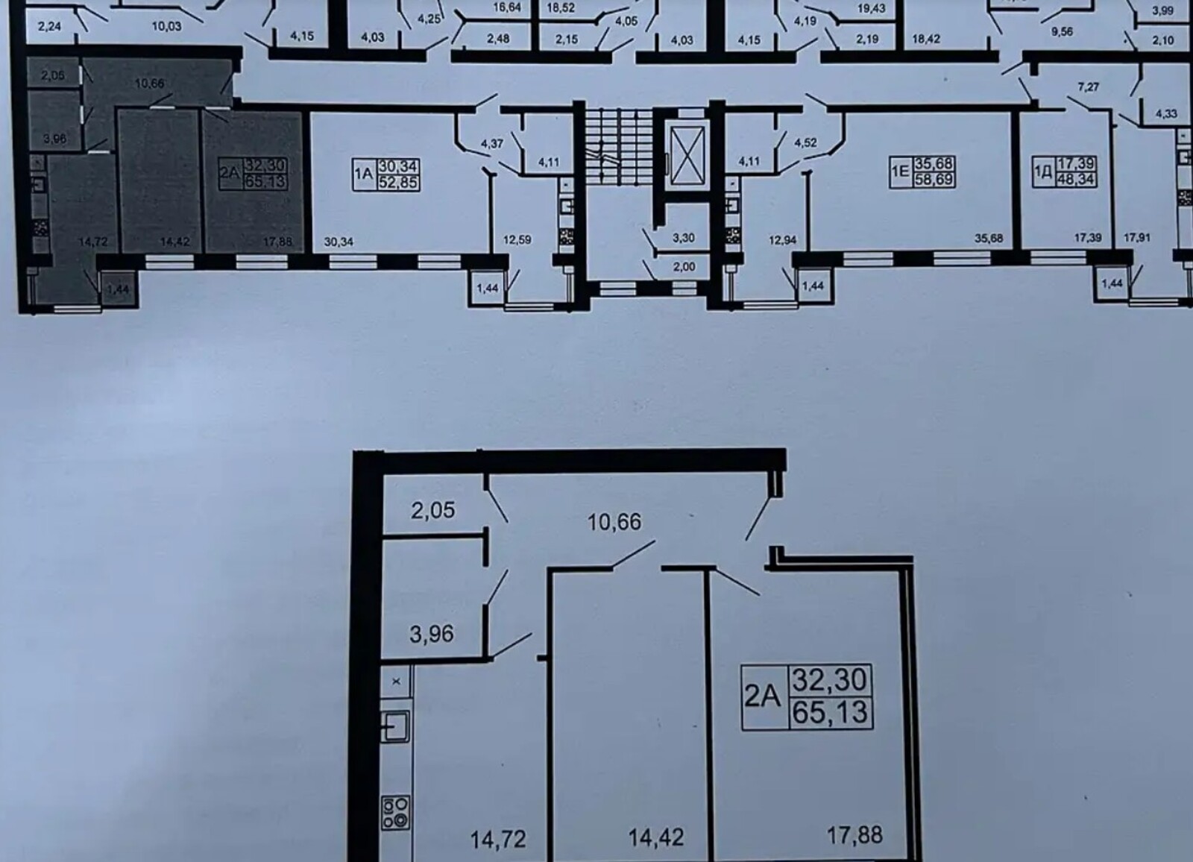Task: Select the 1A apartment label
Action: (x=386, y=174)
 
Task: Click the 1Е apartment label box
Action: (x=922, y=172)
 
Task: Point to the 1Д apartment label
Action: (x=1064, y=172)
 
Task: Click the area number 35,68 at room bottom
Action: (x=989, y=238)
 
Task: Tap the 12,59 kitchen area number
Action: (x=517, y=240)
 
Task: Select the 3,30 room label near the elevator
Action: (x=683, y=238)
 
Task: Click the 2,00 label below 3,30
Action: (x=684, y=266)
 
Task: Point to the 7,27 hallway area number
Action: (x=1089, y=86)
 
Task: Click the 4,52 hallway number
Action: (x=805, y=142)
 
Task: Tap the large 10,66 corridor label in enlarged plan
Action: (x=614, y=521)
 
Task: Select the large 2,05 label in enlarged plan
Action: (x=433, y=510)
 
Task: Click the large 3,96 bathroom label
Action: (x=432, y=634)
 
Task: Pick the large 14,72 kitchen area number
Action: (x=498, y=840)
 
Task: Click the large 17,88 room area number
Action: (x=854, y=835)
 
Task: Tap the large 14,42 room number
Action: (x=656, y=837)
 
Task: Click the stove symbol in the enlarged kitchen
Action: (x=396, y=813)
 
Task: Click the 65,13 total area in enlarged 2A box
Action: (x=830, y=712)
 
